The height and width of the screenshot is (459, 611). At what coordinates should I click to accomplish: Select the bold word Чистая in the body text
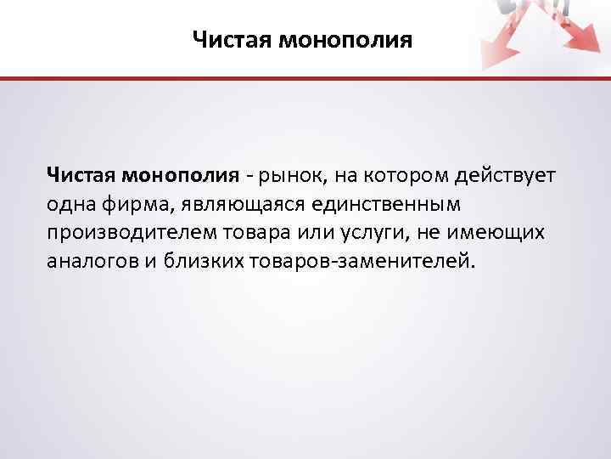[x=81, y=176]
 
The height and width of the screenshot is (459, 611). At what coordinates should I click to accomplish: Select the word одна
[x=70, y=205]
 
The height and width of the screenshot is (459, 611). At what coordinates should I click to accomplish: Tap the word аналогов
[x=92, y=260]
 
